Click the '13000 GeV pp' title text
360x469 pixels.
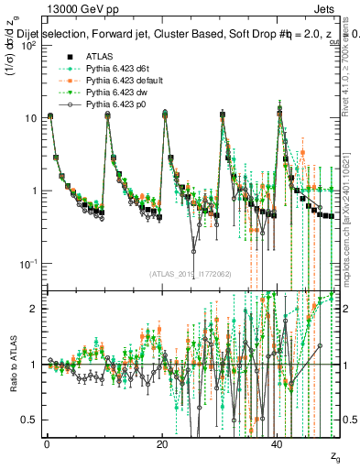click(74, 8)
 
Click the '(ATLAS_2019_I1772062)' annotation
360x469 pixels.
click(190, 274)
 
